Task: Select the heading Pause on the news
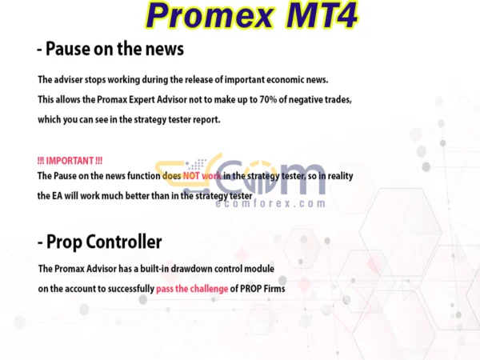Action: pyautogui.click(x=110, y=50)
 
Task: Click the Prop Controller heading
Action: pyautogui.click(x=100, y=242)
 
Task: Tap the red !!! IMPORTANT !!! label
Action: pyautogui.click(x=70, y=161)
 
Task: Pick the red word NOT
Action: pyautogui.click(x=192, y=175)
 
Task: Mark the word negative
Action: pyautogui.click(x=304, y=100)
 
